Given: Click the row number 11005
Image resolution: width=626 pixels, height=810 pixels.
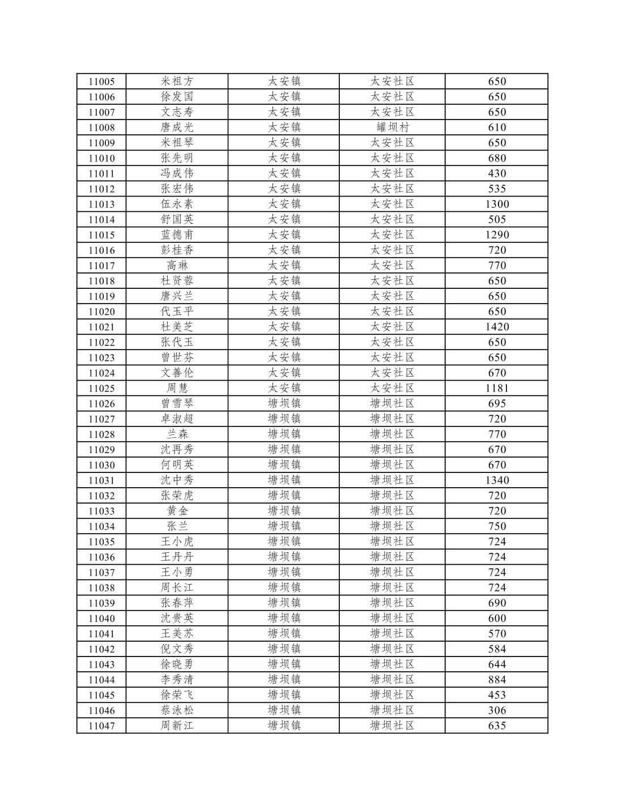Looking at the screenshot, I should tap(101, 82).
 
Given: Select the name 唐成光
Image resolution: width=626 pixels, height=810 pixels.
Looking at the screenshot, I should tap(177, 127).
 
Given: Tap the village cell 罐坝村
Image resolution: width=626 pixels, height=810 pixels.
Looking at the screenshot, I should tap(392, 127).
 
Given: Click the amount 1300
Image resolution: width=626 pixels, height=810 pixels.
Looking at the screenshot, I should tap(497, 204).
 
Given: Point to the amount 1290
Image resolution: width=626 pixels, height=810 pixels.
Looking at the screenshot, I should tap(497, 235).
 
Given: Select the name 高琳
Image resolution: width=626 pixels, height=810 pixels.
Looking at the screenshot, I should tap(177, 266).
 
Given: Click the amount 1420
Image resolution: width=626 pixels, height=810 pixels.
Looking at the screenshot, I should tap(497, 327).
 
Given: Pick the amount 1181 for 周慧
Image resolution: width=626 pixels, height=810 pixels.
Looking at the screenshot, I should tap(497, 389).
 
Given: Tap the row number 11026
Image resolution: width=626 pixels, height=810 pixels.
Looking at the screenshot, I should tap(101, 404).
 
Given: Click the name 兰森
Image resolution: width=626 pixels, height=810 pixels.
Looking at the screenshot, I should tap(177, 434).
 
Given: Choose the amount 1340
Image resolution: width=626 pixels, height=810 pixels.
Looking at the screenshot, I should tap(497, 480).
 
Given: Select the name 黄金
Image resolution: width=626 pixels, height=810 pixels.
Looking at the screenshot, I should tap(177, 511).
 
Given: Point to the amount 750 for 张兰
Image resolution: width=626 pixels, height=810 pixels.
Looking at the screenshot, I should tap(497, 526).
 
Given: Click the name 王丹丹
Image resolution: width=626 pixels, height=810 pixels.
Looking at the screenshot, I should tap(177, 557).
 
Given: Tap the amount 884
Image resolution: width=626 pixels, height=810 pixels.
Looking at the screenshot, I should tap(497, 680).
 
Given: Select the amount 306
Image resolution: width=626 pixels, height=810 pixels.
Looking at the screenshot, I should tap(497, 710).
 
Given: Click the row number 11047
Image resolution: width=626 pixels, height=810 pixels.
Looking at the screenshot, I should tap(101, 726).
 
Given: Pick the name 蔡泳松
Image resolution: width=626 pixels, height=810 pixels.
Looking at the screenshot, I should tap(177, 710).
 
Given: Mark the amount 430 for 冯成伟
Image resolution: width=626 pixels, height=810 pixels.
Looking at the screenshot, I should tap(497, 174).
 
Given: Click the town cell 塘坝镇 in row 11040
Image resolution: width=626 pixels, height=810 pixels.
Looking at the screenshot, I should tap(284, 619).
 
